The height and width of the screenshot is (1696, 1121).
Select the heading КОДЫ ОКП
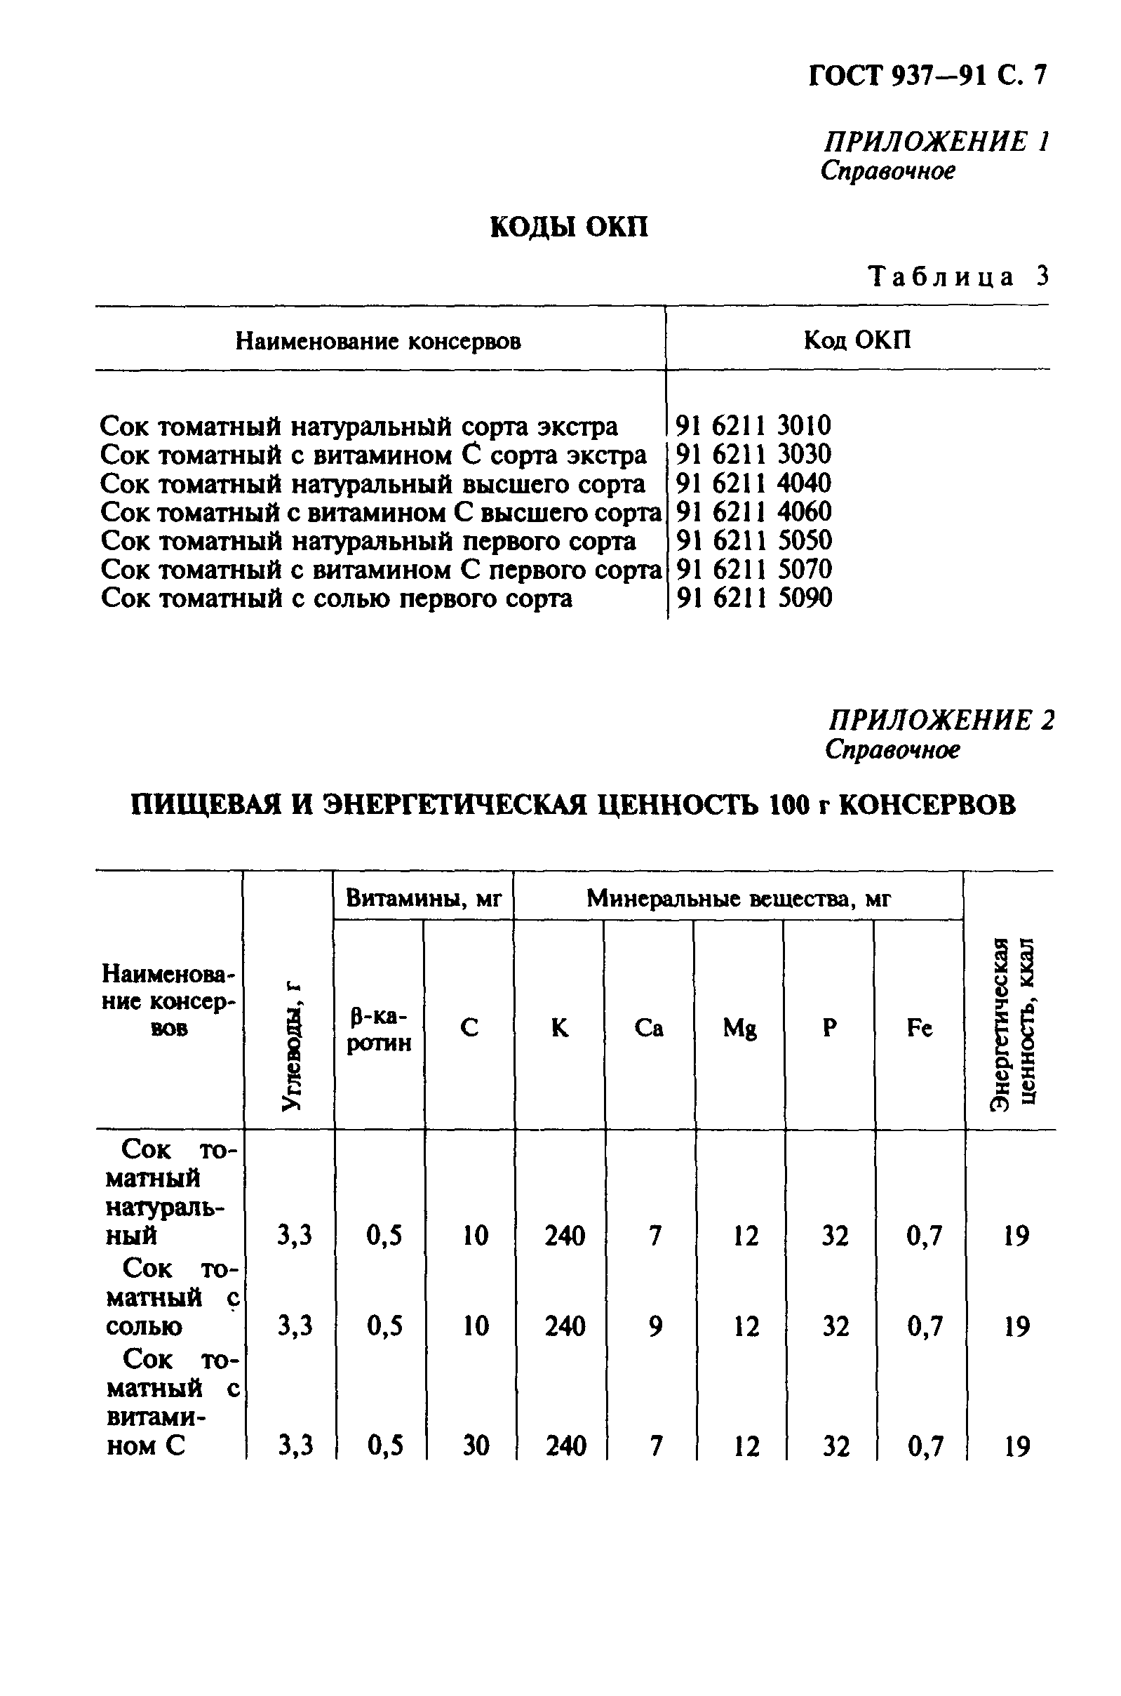tap(569, 227)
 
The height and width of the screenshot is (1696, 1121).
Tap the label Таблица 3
tap(958, 276)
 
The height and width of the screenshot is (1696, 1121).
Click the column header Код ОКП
tap(857, 340)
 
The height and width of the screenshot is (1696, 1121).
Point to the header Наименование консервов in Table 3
tap(378, 342)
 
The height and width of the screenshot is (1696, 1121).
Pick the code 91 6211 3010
tap(753, 426)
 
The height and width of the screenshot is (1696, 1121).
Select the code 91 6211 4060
tap(753, 512)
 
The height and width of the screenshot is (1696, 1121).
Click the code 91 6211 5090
tap(754, 598)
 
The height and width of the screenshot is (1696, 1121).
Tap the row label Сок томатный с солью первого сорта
tap(336, 598)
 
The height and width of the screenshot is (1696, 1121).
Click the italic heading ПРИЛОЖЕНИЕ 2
tap(941, 719)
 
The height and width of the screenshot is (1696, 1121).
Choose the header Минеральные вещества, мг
tap(739, 898)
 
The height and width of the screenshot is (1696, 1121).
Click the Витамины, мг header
tap(424, 898)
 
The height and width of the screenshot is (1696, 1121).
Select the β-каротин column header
tap(379, 1029)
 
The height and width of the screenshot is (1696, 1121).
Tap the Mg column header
tap(739, 1028)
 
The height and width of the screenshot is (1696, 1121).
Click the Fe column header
tap(920, 1028)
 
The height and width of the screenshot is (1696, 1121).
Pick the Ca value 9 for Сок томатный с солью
tap(655, 1327)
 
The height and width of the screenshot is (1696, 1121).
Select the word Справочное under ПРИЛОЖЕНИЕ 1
tap(887, 172)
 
